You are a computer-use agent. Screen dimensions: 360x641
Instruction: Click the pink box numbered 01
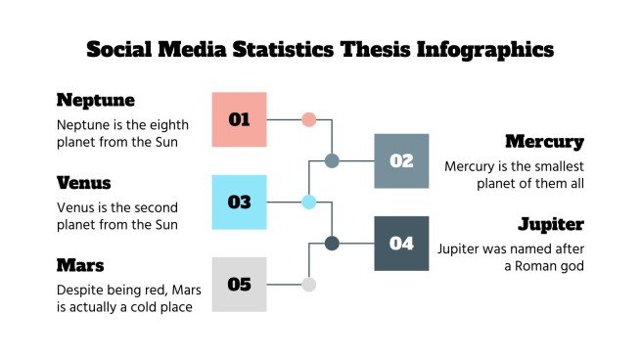(240, 119)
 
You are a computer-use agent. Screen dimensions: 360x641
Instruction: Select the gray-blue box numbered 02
(402, 160)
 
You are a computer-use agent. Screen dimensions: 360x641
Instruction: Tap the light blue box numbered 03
(240, 202)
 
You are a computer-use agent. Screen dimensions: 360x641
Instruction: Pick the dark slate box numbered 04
(402, 243)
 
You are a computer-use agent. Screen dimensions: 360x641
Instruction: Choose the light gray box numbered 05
(240, 285)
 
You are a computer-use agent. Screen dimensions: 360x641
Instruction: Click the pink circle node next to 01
(309, 119)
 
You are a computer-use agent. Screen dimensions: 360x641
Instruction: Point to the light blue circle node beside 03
(309, 202)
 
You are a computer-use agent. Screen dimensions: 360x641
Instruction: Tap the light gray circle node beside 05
(309, 285)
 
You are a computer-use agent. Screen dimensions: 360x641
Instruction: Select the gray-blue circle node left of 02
(332, 160)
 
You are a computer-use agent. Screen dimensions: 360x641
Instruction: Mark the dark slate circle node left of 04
(332, 243)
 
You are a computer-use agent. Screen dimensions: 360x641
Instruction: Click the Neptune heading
(96, 100)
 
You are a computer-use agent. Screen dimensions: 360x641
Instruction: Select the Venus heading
(84, 183)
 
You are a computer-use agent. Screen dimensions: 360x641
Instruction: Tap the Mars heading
(80, 265)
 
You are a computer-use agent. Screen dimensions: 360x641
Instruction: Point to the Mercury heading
(544, 142)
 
